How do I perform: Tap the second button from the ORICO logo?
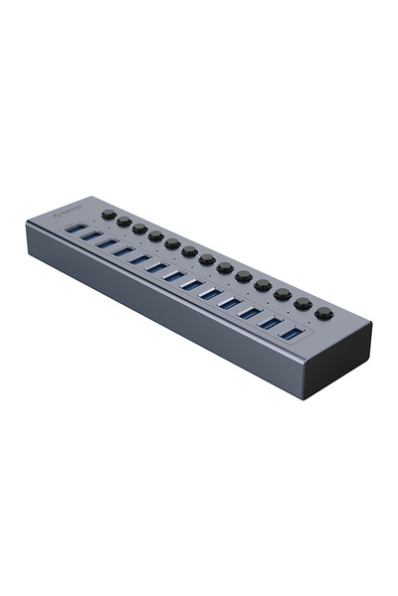click(x=124, y=222)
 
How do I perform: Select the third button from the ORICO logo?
click(x=140, y=228)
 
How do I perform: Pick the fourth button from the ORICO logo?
click(x=156, y=235)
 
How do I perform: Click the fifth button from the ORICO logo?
click(x=172, y=243)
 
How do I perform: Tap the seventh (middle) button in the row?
click(x=207, y=259)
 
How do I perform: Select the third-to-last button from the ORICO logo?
click(x=283, y=294)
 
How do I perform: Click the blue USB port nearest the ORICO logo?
click(x=74, y=229)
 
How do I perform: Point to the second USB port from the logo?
click(x=90, y=236)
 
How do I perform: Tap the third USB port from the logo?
click(x=105, y=244)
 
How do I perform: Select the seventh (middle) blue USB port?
click(x=173, y=275)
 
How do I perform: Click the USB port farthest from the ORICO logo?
click(x=291, y=332)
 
